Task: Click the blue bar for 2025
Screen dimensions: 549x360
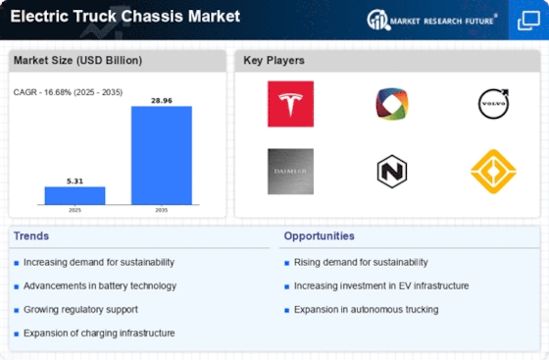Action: pos(75,195)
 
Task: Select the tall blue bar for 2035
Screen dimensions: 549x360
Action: pos(162,155)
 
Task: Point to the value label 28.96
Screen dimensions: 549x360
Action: pos(162,100)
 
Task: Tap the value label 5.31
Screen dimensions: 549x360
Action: pos(75,181)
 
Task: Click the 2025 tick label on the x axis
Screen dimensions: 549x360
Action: pos(75,210)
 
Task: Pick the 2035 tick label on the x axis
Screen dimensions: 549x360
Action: pos(162,210)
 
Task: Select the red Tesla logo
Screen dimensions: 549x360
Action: pos(290,104)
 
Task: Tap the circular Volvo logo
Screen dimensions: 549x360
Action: pos(493,104)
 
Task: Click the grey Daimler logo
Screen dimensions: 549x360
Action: pos(290,172)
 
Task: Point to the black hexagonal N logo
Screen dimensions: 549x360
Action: pos(392,172)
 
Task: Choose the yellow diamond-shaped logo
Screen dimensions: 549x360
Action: pos(493,172)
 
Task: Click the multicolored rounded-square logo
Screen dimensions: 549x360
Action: pos(392,104)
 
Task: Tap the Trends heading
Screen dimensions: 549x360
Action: pos(31,236)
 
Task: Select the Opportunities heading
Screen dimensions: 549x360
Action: pos(319,236)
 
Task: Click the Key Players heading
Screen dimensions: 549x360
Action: pos(274,60)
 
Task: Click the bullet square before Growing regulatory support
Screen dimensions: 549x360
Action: pos(16,310)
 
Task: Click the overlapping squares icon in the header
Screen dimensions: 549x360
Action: pos(528,21)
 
